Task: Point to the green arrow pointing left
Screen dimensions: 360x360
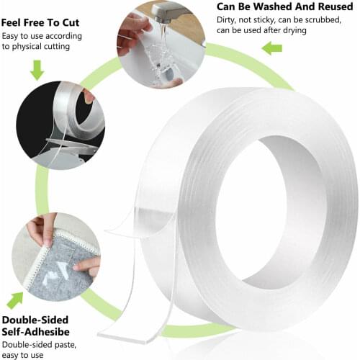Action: pos(271,49)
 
